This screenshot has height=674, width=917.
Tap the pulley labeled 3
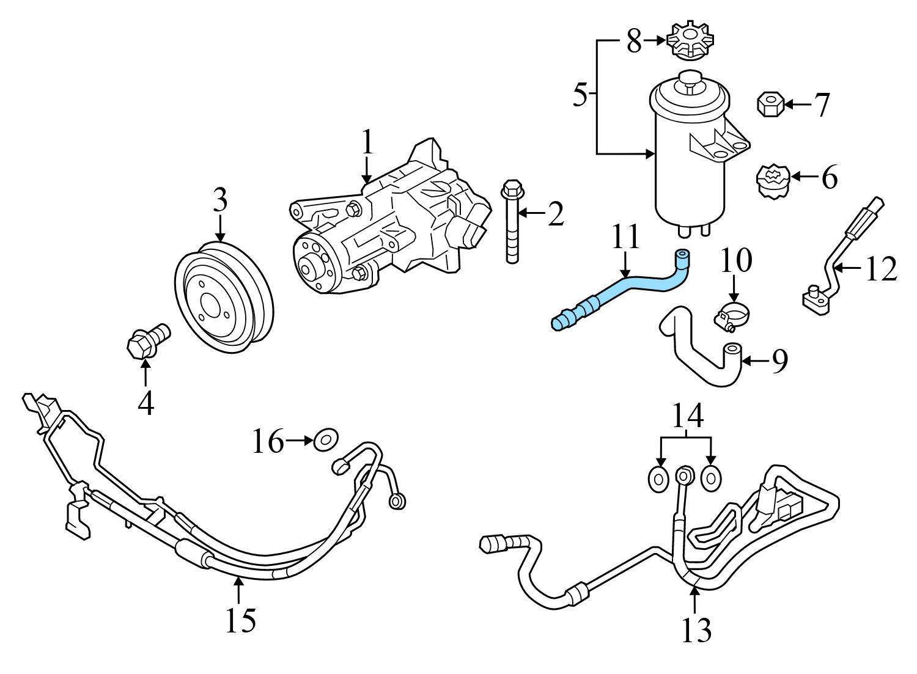click(x=224, y=299)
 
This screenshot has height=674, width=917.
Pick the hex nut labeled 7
click(x=770, y=104)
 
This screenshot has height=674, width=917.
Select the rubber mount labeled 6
click(x=773, y=182)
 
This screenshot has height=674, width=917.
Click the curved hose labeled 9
click(x=703, y=354)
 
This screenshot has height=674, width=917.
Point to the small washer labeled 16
click(x=326, y=439)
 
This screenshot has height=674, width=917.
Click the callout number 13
click(x=696, y=629)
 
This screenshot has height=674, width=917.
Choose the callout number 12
click(x=880, y=269)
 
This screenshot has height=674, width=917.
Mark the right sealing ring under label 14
click(x=710, y=478)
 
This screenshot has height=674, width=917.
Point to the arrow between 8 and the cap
click(x=655, y=40)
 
